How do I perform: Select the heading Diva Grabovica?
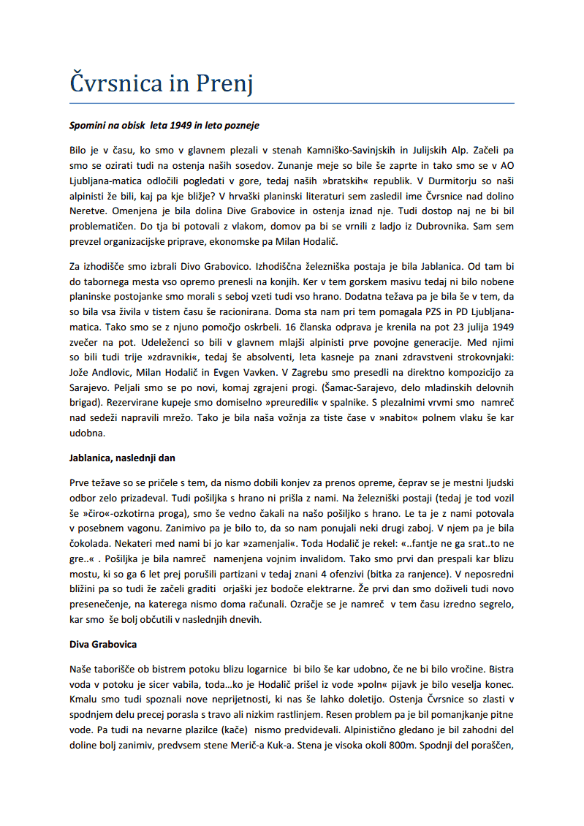tap(103, 644)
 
